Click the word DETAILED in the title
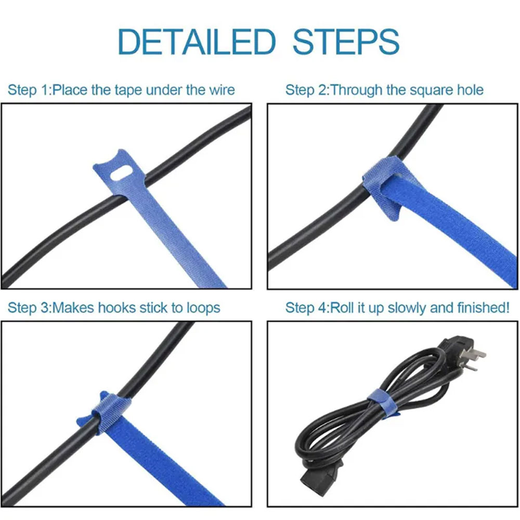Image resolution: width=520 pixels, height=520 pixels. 197,42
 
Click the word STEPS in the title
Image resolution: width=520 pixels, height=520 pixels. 346,42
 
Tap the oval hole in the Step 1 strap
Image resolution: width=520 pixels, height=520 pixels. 121,174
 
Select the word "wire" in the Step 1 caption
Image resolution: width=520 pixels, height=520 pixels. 222,90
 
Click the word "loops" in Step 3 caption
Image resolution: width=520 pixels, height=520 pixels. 204,308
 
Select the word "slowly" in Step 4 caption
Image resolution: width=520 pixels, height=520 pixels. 407,308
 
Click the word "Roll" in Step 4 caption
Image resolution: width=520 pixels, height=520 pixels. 342,308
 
